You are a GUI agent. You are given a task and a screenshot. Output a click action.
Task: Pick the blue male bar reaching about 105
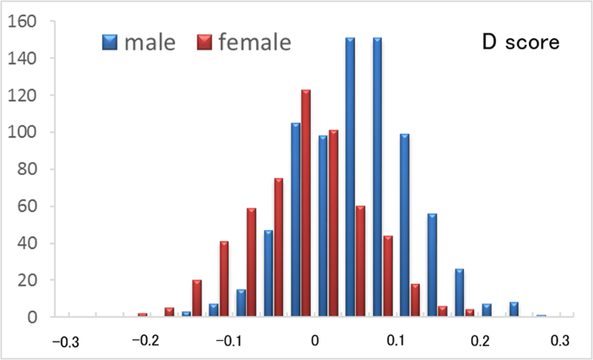point(295,220)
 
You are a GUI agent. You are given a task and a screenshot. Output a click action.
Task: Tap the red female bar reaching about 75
point(278,247)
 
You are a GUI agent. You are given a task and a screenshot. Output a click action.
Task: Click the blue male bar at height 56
point(432,265)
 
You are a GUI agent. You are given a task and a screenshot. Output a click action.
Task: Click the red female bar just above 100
point(332,223)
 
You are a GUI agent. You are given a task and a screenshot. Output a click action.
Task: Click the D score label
point(521,41)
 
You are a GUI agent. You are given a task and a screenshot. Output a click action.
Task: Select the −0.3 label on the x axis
point(66,339)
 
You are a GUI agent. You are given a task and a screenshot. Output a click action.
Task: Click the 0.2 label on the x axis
point(480,339)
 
